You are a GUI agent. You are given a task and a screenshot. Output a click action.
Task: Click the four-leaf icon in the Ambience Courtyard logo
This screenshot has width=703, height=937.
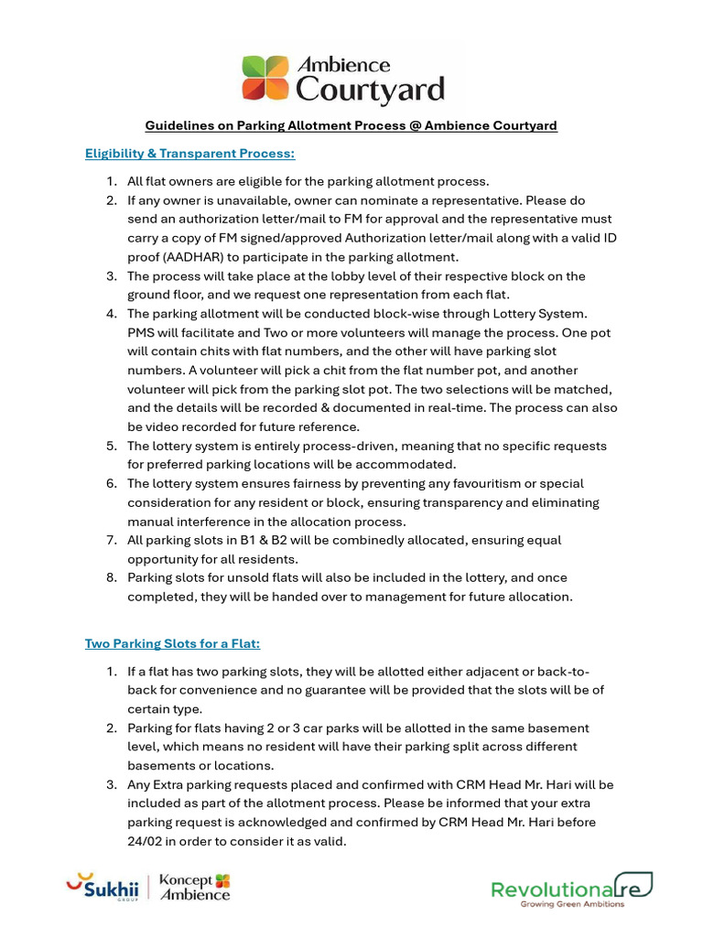coord(265,79)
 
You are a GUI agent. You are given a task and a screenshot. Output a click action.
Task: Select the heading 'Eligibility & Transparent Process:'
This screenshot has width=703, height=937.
coord(190,153)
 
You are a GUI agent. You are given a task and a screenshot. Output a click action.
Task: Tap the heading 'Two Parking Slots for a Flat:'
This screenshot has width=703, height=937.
coord(173,643)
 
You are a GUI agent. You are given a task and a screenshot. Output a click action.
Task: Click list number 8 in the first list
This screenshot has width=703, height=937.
coord(111,577)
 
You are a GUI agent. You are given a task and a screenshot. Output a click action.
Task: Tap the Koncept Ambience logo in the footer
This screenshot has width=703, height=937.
coord(195,887)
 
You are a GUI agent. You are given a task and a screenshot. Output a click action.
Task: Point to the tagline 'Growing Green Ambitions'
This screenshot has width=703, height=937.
coord(572,904)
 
